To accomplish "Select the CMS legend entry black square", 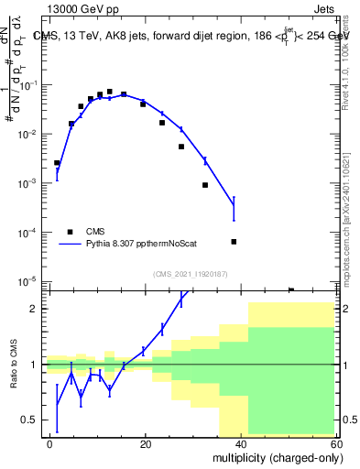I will pyautogui.click(x=70, y=232).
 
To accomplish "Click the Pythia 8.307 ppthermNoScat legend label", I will pyautogui.click(x=147, y=245).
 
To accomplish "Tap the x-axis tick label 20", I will pyautogui.click(x=146, y=442).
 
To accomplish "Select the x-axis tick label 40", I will pyautogui.click(x=242, y=442).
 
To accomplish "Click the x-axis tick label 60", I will pyautogui.click(x=337, y=442).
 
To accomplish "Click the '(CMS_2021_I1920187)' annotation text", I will pyautogui.click(x=190, y=273).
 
